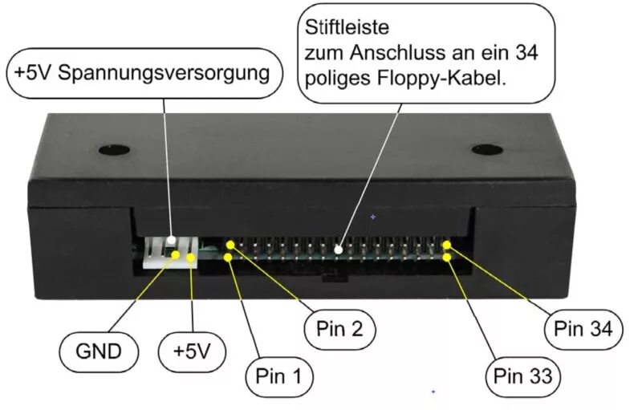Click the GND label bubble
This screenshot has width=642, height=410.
pyautogui.click(x=99, y=351)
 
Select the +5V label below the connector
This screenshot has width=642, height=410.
pyautogui.click(x=190, y=351)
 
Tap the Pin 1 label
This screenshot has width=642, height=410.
pyautogui.click(x=278, y=375)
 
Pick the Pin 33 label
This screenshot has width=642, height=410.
pyautogui.click(x=522, y=375)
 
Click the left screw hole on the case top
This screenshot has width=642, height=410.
pyautogui.click(x=114, y=149)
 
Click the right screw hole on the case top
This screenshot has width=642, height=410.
pyautogui.click(x=486, y=149)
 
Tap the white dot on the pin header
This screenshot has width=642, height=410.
pyautogui.click(x=339, y=250)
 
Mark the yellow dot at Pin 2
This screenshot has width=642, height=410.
pyautogui.click(x=230, y=243)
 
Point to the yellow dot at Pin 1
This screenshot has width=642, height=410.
pyautogui.click(x=229, y=258)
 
